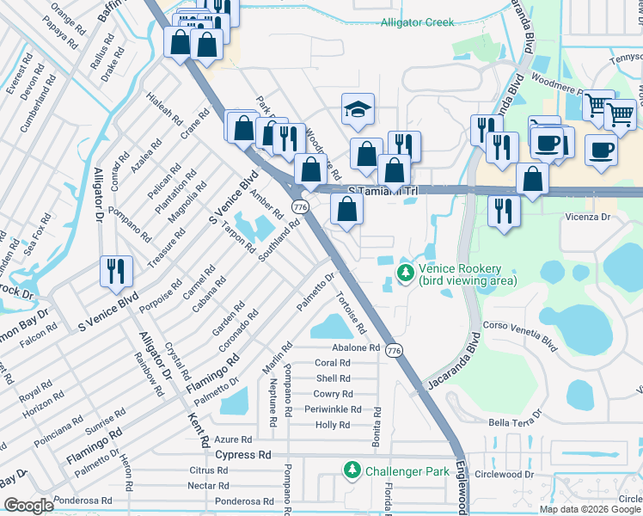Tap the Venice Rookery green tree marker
pos(405,273)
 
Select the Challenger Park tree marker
pos(352,470)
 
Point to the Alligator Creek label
pos(418,21)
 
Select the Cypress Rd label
pos(242,455)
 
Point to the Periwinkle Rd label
pos(333,409)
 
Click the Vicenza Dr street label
pos(588,218)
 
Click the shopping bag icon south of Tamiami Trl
pos(346,210)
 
